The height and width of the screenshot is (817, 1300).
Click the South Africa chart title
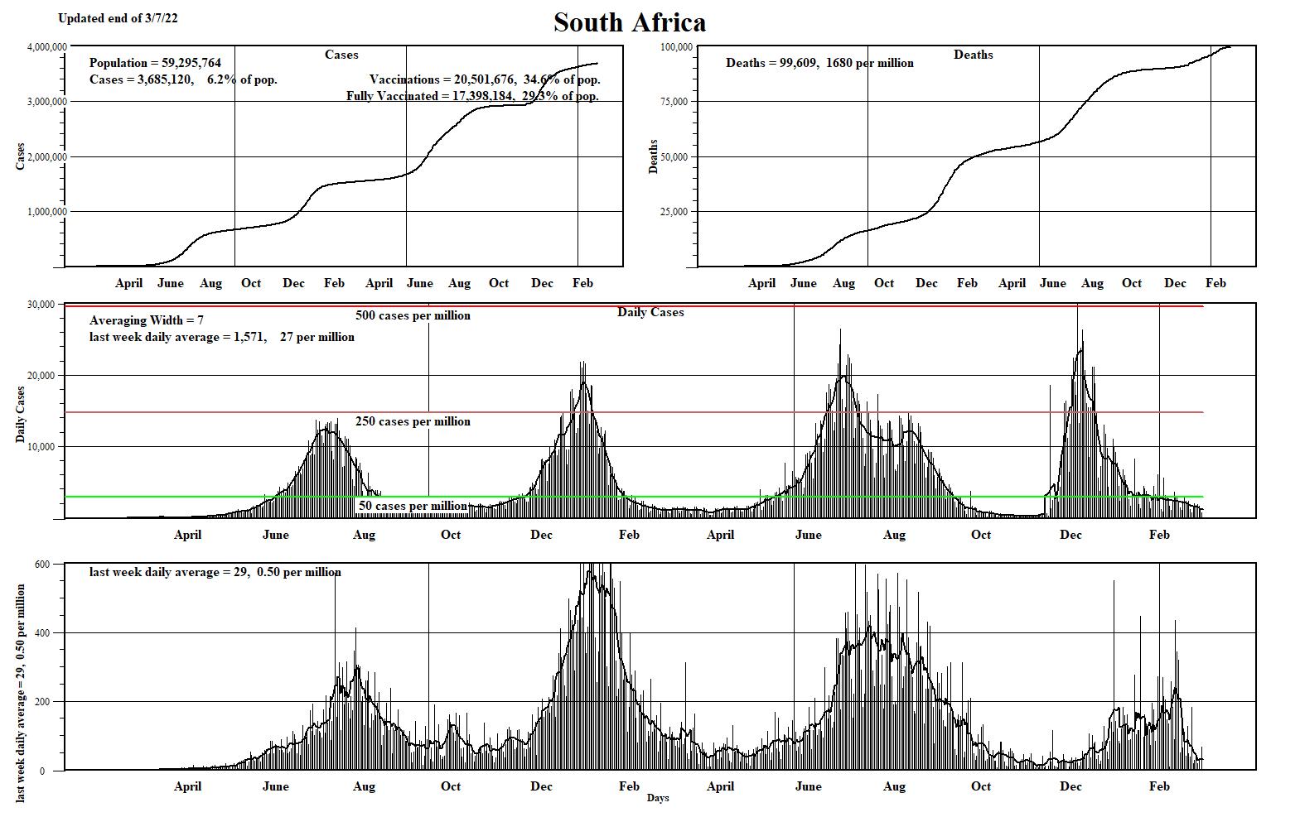click(x=630, y=22)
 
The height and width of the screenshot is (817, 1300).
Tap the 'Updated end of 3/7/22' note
click(x=118, y=18)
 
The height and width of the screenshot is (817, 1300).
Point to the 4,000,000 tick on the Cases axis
click(x=47, y=46)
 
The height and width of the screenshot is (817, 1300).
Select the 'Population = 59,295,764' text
click(x=155, y=63)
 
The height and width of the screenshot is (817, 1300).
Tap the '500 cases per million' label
click(x=413, y=315)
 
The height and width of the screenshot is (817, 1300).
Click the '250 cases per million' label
click(x=413, y=421)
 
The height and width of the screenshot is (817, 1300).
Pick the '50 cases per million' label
click(x=413, y=506)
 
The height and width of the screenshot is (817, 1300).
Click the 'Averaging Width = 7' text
click(x=147, y=320)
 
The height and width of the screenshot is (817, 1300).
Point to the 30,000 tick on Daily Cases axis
click(x=41, y=305)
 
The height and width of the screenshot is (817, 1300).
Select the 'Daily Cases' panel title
click(x=650, y=312)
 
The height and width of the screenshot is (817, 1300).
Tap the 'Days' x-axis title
click(x=658, y=798)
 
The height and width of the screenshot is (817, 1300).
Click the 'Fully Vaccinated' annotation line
click(x=472, y=96)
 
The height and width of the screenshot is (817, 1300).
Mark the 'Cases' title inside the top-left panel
click(x=341, y=55)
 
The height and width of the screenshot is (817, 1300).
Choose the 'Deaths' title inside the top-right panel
click(x=974, y=55)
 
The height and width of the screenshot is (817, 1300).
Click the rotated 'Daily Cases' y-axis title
click(x=21, y=415)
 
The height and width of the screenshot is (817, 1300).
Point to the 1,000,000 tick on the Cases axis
click(x=47, y=212)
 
